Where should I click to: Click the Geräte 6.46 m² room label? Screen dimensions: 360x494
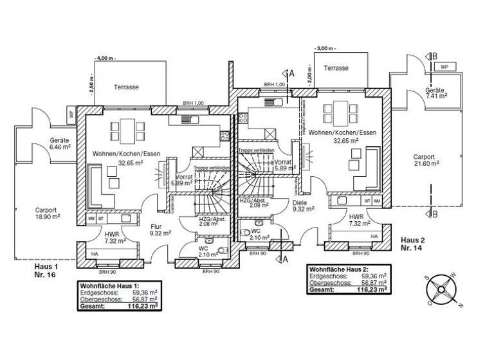coord(60,142)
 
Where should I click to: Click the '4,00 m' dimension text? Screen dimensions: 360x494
coord(105,58)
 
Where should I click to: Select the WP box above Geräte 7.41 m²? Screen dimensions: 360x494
coord(444,66)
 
